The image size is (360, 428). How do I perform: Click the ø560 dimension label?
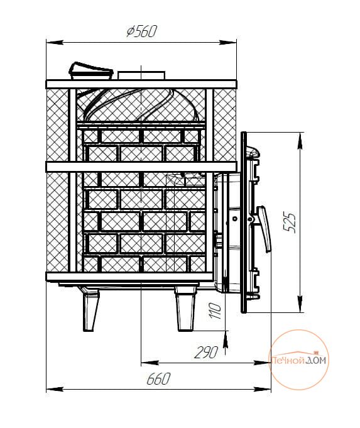click(x=141, y=31)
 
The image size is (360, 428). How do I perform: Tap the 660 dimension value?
click(x=158, y=378)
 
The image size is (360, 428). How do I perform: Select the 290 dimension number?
click(x=206, y=353)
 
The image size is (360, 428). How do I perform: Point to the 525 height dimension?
click(x=290, y=222)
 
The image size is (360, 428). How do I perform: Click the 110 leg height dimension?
click(x=215, y=310)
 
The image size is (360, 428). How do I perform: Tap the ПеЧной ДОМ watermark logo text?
click(x=298, y=361)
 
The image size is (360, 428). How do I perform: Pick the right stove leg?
click(x=186, y=309)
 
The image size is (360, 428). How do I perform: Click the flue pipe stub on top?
click(x=141, y=75)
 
